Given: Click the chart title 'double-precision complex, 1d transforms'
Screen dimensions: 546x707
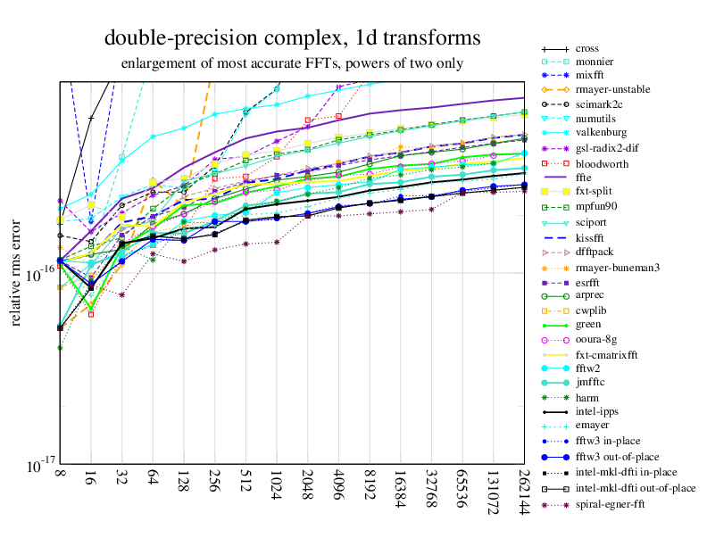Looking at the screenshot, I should [x=292, y=37].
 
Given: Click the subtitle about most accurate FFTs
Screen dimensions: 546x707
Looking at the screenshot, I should [x=292, y=63].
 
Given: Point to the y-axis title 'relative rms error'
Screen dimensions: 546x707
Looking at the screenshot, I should [x=16, y=270].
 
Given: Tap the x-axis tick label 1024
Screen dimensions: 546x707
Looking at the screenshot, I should [x=276, y=494].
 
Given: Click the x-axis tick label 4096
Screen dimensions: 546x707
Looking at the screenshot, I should [x=337, y=494].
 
